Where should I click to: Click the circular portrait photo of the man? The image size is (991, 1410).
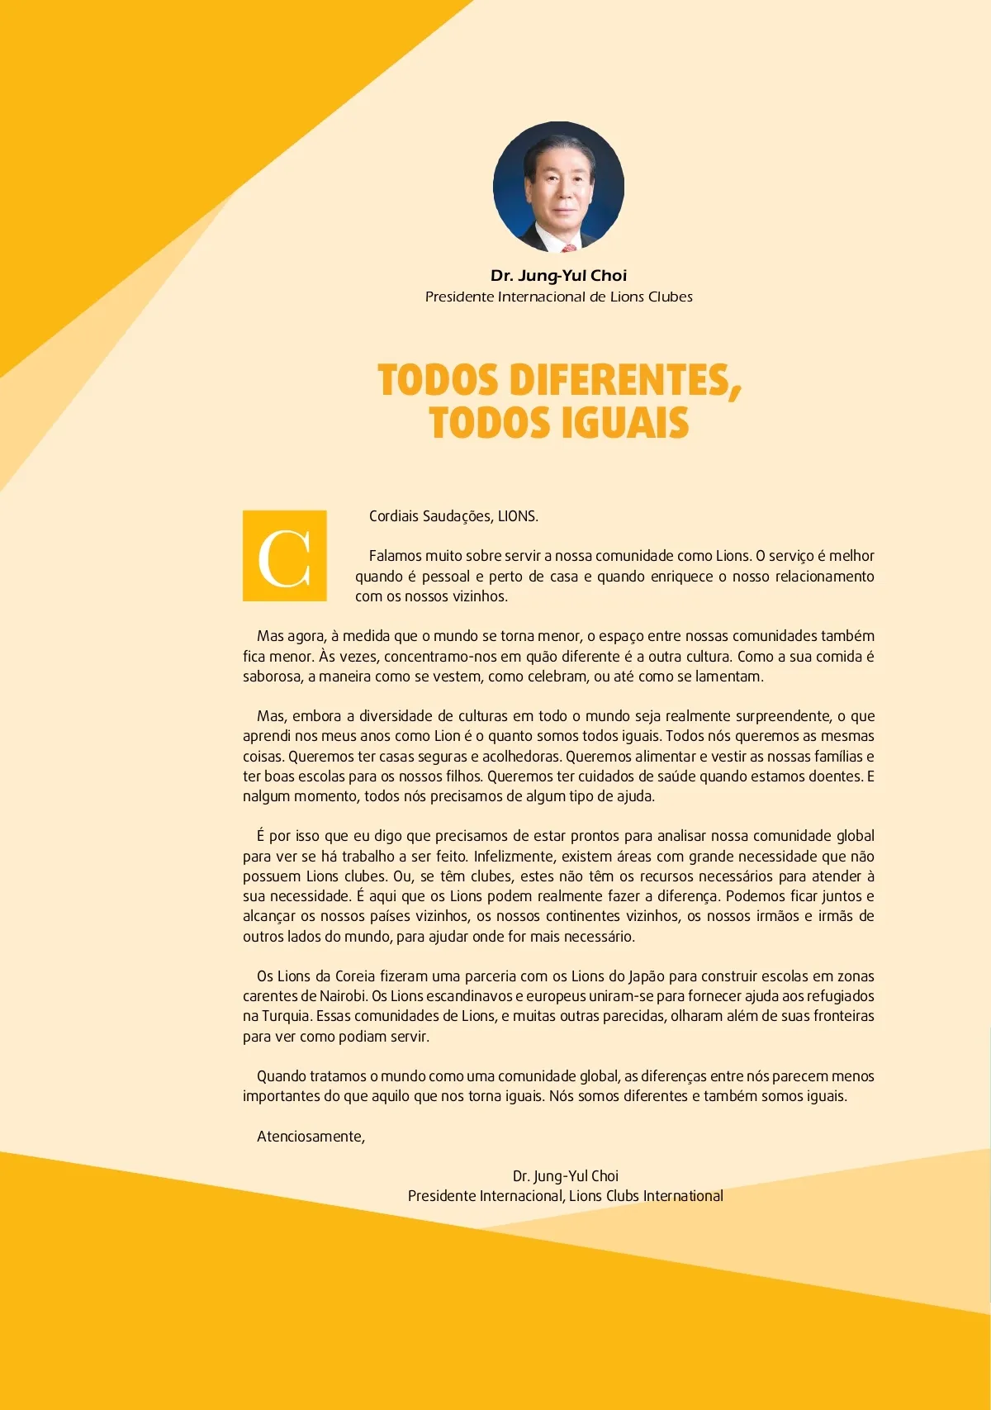click(558, 187)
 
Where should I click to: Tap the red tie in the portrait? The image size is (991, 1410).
click(569, 246)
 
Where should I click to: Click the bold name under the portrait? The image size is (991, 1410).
click(558, 276)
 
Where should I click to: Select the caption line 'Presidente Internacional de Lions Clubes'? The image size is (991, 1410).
click(558, 297)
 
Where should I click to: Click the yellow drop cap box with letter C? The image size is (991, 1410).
click(285, 556)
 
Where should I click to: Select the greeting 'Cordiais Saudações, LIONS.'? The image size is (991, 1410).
click(453, 516)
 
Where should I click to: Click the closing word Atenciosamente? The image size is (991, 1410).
click(311, 1137)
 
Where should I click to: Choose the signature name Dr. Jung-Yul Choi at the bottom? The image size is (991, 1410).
click(565, 1176)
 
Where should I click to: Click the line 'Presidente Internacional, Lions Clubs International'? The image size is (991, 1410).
click(565, 1196)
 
